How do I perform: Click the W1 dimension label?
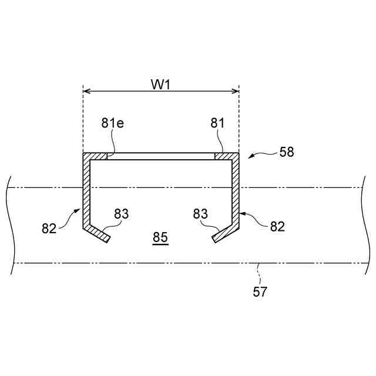pyautogui.click(x=161, y=84)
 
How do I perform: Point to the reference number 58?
pyautogui.click(x=287, y=152)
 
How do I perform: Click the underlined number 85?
pyautogui.click(x=160, y=238)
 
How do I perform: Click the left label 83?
pyautogui.click(x=121, y=214)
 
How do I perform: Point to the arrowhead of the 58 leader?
pyautogui.click(x=250, y=158)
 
